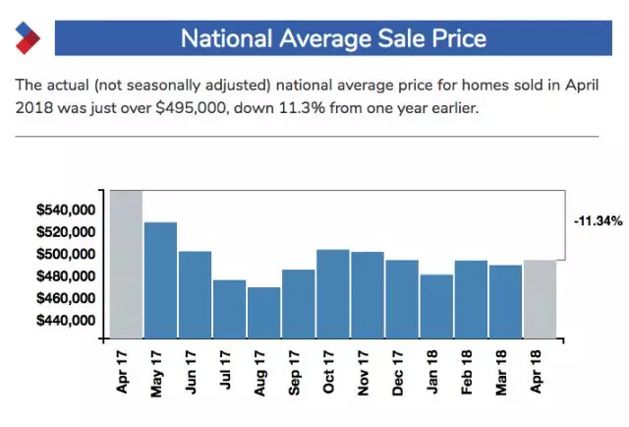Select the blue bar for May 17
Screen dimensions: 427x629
coord(160,280)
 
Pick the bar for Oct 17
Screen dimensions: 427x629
coord(333,294)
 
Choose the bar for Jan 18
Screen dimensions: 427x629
coord(436,306)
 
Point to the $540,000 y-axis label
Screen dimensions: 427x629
coord(64,211)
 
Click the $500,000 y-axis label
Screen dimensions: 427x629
coord(64,255)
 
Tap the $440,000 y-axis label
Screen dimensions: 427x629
coord(64,321)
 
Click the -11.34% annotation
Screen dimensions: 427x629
coord(598,222)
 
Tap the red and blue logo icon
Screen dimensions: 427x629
coord(26,38)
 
